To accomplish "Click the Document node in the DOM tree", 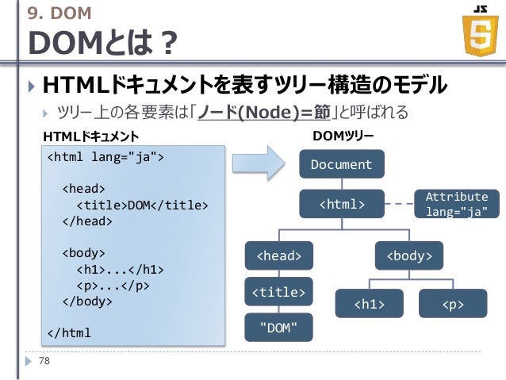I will (x=341, y=165).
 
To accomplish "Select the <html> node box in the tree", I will (x=341, y=205).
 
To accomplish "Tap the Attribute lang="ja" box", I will (x=457, y=204).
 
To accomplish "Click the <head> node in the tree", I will (x=278, y=255).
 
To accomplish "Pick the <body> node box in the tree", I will (x=409, y=255).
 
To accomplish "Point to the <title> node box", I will (x=278, y=292).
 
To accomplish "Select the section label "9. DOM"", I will (x=59, y=13).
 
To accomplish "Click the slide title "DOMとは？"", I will (x=103, y=44).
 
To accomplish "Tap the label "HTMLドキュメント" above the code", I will (x=90, y=136).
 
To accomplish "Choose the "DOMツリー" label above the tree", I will (x=343, y=136).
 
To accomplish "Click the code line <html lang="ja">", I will (x=106, y=156).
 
